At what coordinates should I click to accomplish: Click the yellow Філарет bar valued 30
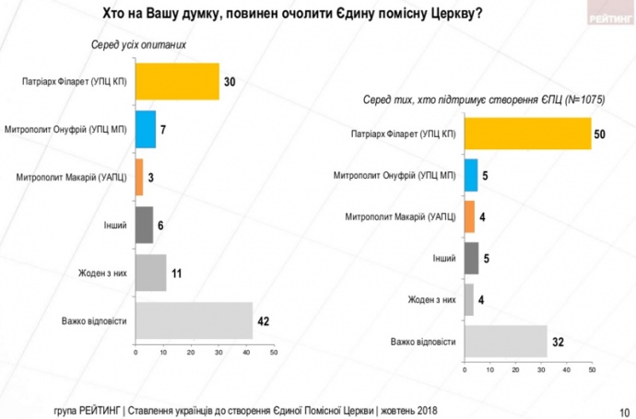pyautogui.click(x=177, y=81)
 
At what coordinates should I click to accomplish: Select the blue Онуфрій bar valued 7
pyautogui.click(x=145, y=129)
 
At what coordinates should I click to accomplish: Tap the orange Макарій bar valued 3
pyautogui.click(x=139, y=177)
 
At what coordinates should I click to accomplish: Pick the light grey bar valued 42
pyautogui.click(x=194, y=320)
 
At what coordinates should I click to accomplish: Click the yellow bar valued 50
pyautogui.click(x=526, y=134)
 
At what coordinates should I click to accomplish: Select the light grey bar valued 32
pyautogui.click(x=505, y=342)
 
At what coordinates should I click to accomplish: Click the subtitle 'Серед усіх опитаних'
pyautogui.click(x=130, y=44)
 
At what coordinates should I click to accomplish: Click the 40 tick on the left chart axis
pyautogui.click(x=246, y=352)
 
